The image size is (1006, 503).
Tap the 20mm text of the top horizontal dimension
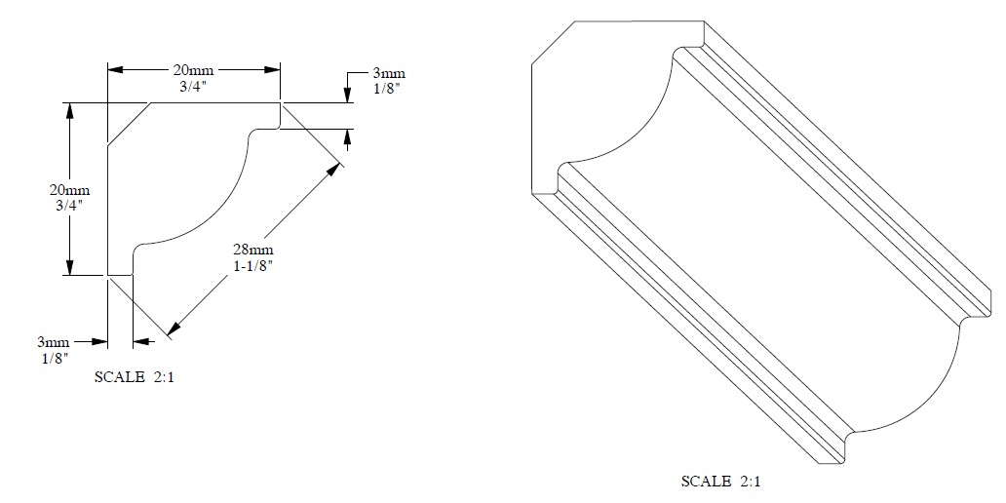tap(194, 70)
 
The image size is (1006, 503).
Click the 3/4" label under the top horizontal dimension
tap(194, 85)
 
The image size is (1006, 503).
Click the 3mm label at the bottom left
tap(52, 342)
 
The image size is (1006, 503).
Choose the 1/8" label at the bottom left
tap(52, 358)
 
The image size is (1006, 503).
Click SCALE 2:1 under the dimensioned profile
tap(135, 375)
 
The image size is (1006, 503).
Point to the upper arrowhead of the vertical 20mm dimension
tap(70, 110)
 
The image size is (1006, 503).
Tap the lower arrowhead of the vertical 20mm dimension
tap(70, 267)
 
